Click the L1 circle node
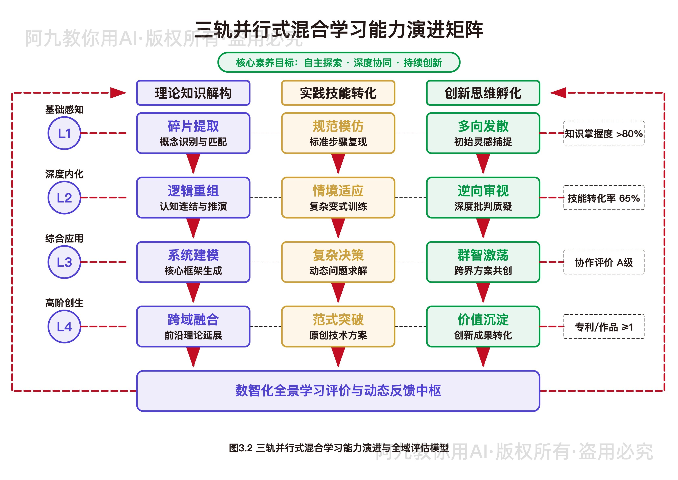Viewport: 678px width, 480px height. click(64, 133)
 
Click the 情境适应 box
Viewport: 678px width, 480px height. click(338, 197)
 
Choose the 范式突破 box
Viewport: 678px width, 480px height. click(338, 327)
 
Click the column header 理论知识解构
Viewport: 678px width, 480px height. click(193, 93)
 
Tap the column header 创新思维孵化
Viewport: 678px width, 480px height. click(483, 93)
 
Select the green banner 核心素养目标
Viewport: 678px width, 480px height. click(339, 62)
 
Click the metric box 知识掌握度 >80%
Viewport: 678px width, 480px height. click(604, 133)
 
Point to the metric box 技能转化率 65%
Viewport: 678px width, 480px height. click(604, 198)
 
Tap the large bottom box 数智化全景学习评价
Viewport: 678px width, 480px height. click(338, 391)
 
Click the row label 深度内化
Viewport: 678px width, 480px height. click(64, 174)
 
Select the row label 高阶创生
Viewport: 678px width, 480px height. click(64, 303)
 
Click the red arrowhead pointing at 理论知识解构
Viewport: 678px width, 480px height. click(118, 93)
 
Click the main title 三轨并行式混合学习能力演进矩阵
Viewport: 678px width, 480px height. click(339, 30)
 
